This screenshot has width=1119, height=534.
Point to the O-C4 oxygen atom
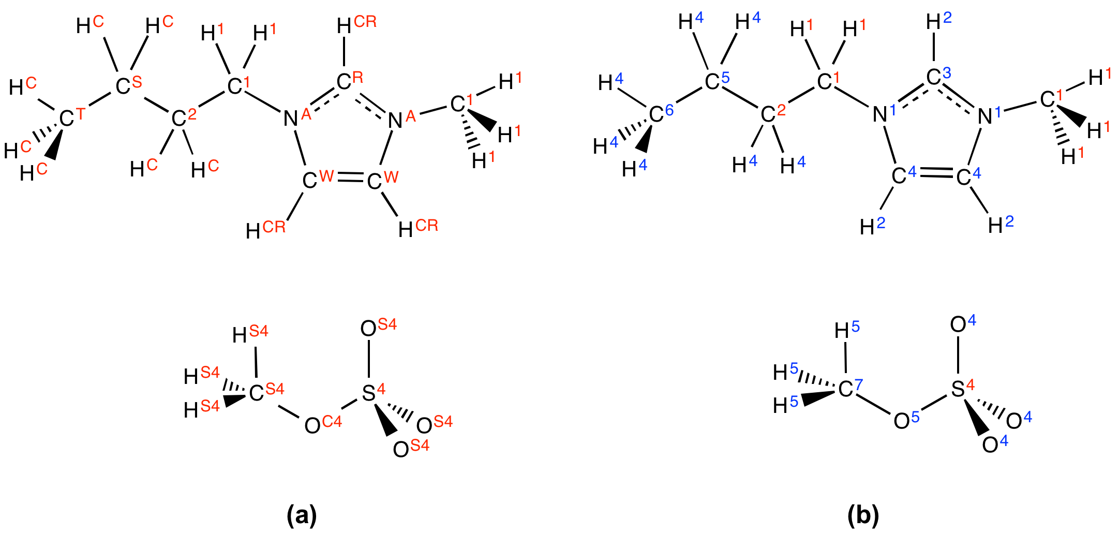[x=323, y=424]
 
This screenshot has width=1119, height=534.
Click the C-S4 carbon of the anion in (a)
[x=267, y=392]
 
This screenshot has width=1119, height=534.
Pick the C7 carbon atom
[x=851, y=388]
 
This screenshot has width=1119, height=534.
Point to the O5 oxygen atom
[x=907, y=420]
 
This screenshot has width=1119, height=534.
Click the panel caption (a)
[x=302, y=515]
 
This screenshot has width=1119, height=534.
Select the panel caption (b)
[x=863, y=515]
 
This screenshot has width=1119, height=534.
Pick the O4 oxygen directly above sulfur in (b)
[x=963, y=323]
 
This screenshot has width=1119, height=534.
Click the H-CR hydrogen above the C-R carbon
[x=356, y=24]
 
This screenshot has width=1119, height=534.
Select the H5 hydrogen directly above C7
[x=847, y=329]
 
